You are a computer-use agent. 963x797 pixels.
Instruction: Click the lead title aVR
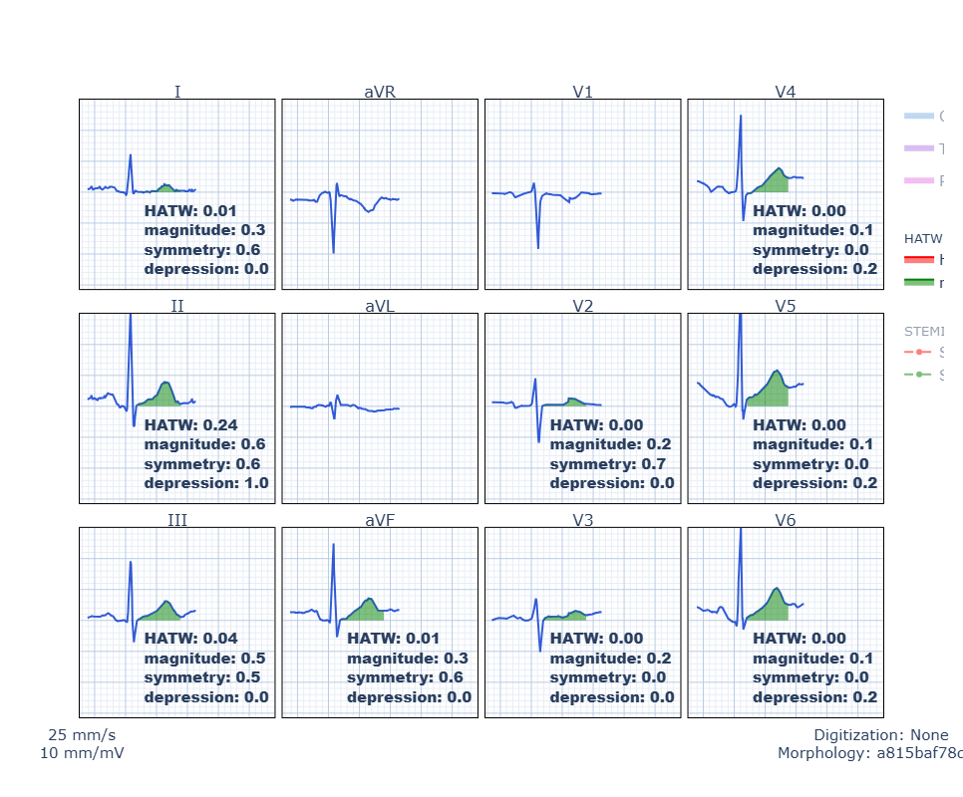coord(380,92)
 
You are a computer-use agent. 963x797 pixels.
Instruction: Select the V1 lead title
coord(583,92)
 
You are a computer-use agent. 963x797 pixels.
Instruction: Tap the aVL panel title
coord(380,306)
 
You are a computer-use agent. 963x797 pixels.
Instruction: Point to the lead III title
coord(177,519)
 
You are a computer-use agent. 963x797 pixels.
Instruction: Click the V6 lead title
coord(786,519)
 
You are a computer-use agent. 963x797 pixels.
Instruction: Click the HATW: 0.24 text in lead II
coord(191,425)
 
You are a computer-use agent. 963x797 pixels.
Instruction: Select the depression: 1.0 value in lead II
coord(206,483)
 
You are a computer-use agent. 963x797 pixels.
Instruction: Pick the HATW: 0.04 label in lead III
coord(191,639)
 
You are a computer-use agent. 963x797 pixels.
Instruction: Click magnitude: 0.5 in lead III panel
coord(204,659)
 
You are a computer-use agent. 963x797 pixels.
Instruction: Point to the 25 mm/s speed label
coord(82,735)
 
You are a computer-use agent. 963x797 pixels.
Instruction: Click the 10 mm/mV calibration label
coord(82,753)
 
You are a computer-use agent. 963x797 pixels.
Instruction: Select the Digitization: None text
coord(881,735)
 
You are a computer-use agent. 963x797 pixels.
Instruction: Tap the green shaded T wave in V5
coord(772,392)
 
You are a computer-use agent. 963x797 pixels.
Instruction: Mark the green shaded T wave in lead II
coord(162,395)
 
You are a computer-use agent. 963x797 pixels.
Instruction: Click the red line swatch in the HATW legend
coord(918,260)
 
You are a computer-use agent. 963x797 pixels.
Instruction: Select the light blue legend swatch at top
coord(918,117)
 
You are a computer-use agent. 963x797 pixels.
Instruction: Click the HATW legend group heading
coord(922,239)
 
